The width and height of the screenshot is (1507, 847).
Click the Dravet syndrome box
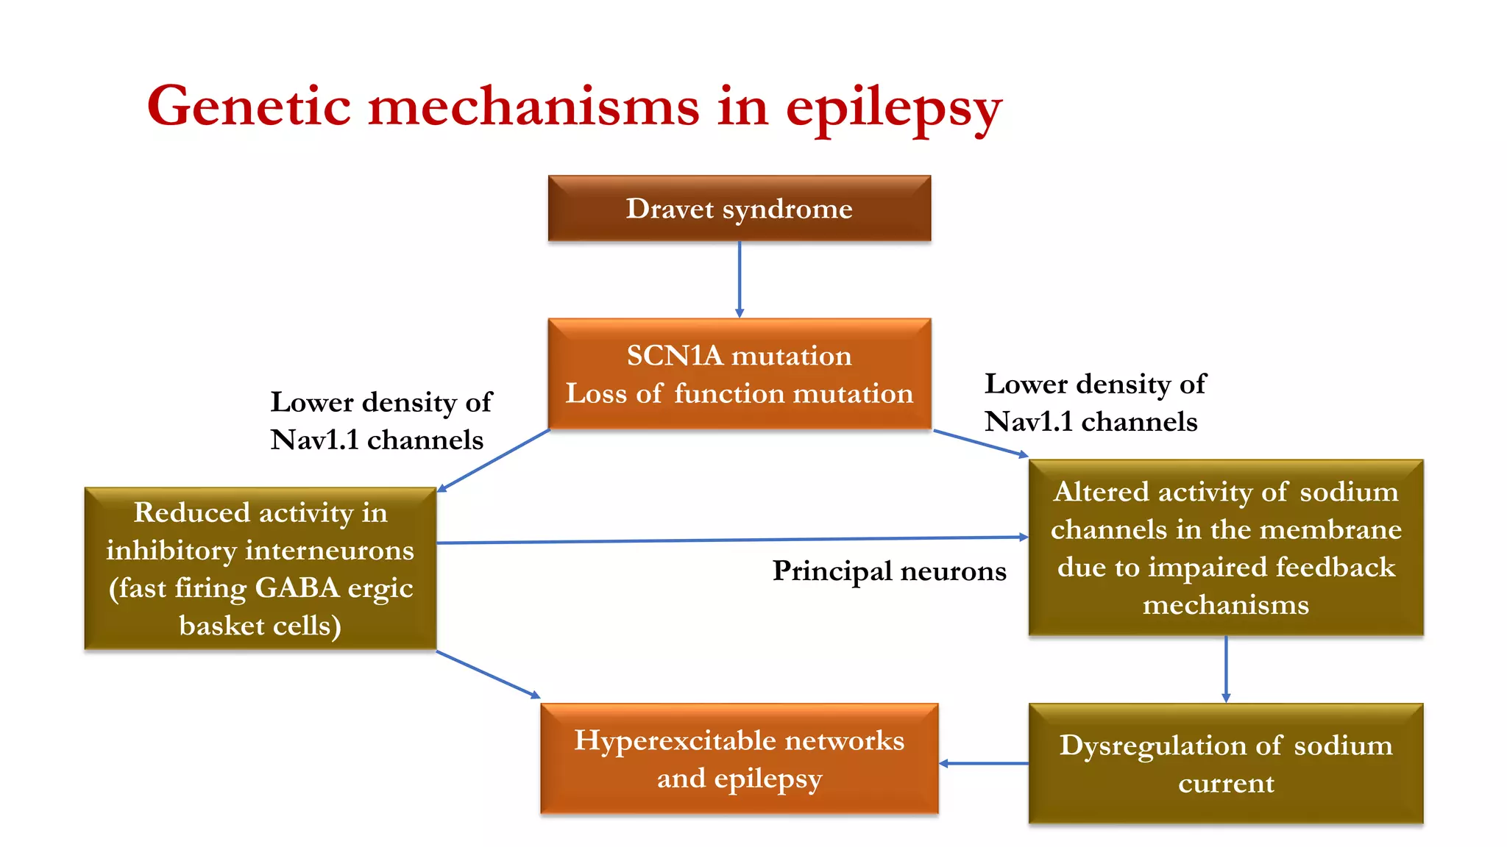[x=739, y=208]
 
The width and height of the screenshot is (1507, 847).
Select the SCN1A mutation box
[x=739, y=374]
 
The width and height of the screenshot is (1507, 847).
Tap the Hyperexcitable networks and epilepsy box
[x=739, y=759]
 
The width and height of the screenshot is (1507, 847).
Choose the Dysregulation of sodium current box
[x=1225, y=763]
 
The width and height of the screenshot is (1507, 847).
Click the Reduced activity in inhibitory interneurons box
[x=260, y=568]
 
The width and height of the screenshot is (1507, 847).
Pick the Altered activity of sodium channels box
[x=1225, y=548]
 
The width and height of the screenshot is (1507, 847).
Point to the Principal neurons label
[x=889, y=571]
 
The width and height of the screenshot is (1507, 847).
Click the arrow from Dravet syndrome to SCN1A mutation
[x=740, y=279]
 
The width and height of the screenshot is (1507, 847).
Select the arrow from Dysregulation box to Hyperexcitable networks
[x=984, y=763]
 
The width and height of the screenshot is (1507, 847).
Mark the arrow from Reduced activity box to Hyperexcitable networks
[x=489, y=674]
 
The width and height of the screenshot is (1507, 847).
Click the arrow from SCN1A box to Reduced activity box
[x=494, y=460]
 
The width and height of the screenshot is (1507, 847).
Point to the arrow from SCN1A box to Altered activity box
[x=980, y=443]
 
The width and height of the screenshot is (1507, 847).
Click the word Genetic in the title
[x=249, y=107]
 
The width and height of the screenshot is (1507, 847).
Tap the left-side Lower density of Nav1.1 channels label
[x=380, y=421]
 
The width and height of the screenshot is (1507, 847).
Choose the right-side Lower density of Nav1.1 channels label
[x=1094, y=402]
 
